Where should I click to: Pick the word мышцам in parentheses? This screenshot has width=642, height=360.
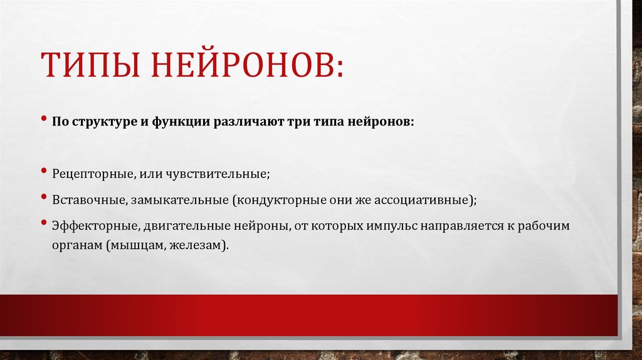(138, 245)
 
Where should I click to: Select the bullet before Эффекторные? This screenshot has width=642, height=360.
(45, 223)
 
